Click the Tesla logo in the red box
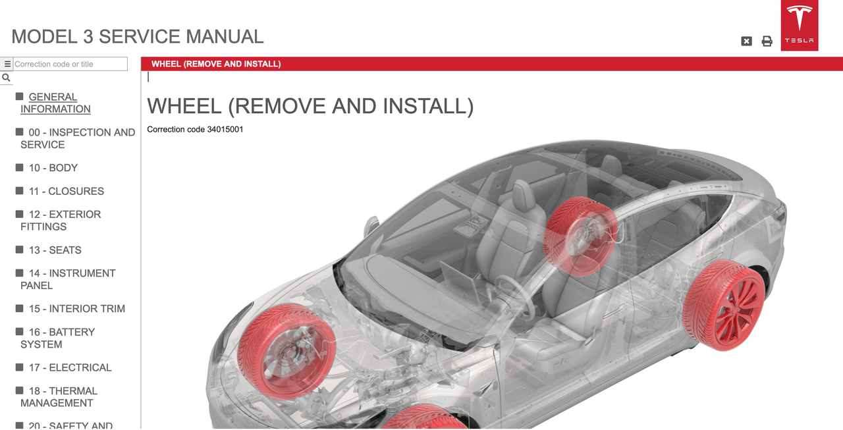[800, 24]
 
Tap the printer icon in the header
[767, 41]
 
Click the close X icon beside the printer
[746, 41]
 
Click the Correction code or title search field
[70, 64]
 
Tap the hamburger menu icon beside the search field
[7, 64]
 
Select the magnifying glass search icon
[6, 78]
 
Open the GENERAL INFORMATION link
[55, 103]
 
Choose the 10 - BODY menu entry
[53, 168]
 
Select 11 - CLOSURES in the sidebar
[67, 191]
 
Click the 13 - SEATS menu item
[55, 250]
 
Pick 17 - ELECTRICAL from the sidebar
[70, 367]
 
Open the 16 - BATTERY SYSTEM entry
[57, 338]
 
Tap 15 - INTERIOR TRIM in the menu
[77, 309]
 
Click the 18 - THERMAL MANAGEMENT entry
[59, 397]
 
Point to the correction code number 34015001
[225, 130]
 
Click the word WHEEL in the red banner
[166, 64]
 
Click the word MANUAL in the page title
[225, 37]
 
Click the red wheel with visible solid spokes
[723, 305]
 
